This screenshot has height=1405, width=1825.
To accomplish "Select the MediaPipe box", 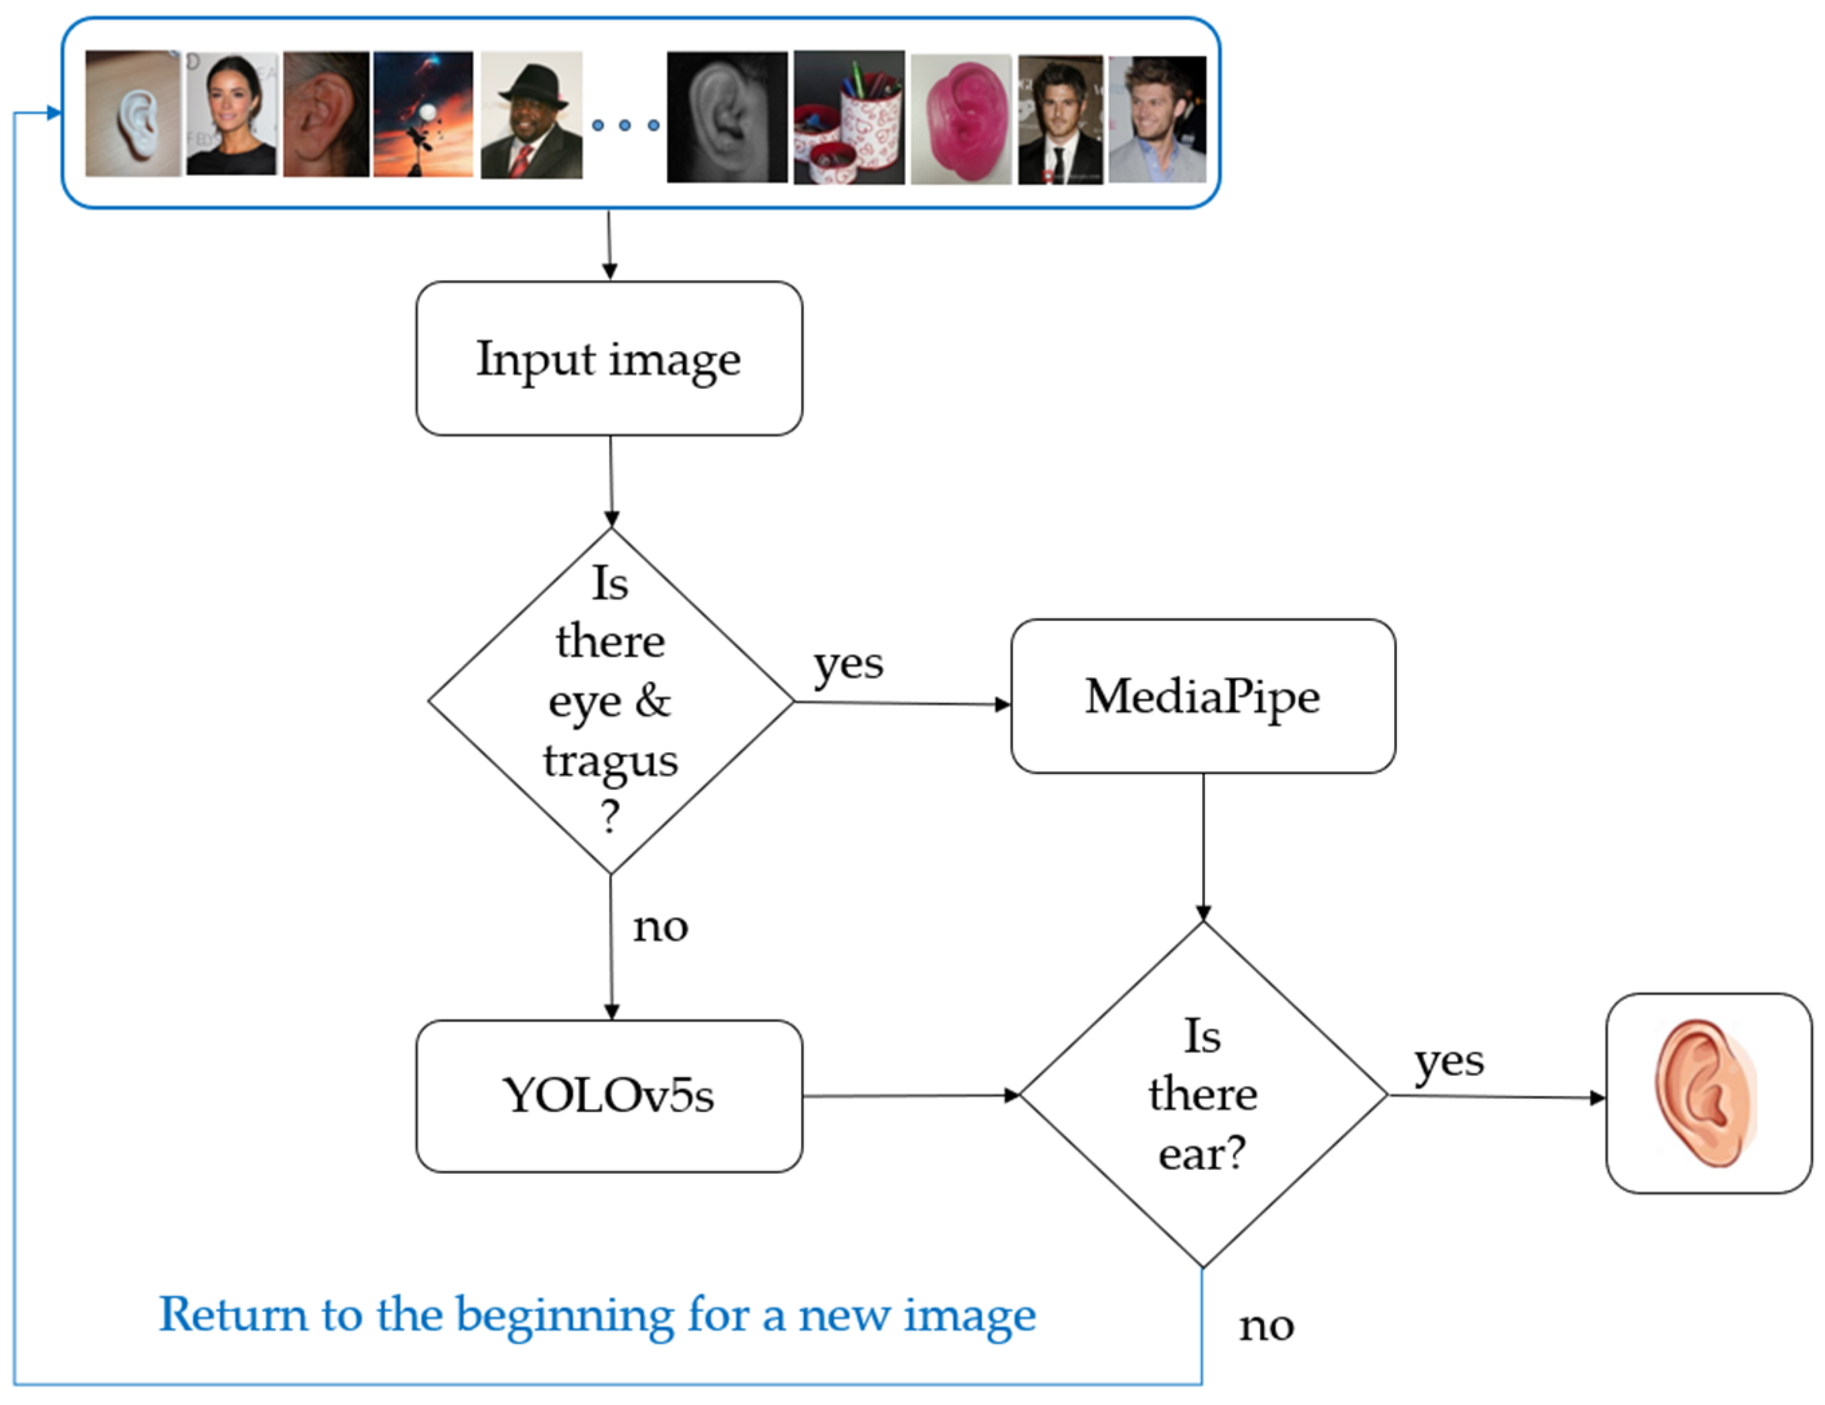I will pos(1202,696).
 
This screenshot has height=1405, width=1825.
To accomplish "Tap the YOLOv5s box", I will pos(609,1095).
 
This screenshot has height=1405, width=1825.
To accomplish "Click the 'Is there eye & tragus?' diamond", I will pos(611,701).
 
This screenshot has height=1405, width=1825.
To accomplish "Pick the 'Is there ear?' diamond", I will pos(1202,1094).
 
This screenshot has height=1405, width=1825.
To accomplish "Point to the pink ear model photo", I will pos(961,118).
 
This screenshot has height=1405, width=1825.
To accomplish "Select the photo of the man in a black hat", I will pos(531,115).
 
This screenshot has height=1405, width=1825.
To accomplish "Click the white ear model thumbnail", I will pos(133,113).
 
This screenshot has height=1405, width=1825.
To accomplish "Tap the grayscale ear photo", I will pos(727,117).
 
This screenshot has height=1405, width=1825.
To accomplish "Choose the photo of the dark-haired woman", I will pos(231,113).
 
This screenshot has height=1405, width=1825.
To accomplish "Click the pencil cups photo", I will pos(848,117).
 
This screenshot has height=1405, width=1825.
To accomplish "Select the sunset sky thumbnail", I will pos(423,113).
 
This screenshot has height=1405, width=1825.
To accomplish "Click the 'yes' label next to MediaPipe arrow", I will pos(848,665).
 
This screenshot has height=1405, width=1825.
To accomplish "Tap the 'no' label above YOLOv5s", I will pos(660,926).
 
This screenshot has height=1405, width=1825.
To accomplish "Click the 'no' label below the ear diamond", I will pos(1266,1326).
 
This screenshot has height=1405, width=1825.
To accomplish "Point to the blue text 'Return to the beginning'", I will pos(596,1314).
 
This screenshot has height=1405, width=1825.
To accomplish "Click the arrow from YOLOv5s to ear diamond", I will pos(911,1095).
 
